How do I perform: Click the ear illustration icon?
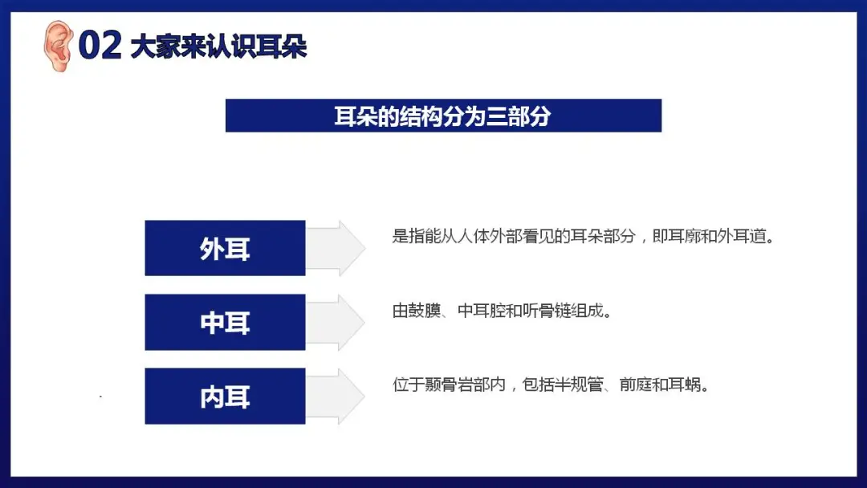coord(58,46)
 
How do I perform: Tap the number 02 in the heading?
coord(100,45)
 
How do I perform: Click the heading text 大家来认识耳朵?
coord(218,47)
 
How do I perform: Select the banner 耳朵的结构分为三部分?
coord(443,116)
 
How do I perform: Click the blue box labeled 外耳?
coord(225,248)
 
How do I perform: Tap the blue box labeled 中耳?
coord(225,322)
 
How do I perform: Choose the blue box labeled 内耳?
coord(225,396)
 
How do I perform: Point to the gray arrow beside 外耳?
coord(336,248)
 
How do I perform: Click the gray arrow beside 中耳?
coord(336,322)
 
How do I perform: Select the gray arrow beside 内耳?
coord(336,396)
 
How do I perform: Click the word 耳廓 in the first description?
coord(685,237)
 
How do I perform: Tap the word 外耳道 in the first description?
coord(742,237)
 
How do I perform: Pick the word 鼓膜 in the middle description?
coord(425,311)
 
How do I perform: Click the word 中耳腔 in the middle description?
coord(482,311)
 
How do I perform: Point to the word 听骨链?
coord(547,311)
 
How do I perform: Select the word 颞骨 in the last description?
coord(441,384)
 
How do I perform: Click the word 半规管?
coord(579,384)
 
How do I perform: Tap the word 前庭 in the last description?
coord(635,384)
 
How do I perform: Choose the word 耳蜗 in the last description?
coord(685,384)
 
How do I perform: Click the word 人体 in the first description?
coord(474,237)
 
